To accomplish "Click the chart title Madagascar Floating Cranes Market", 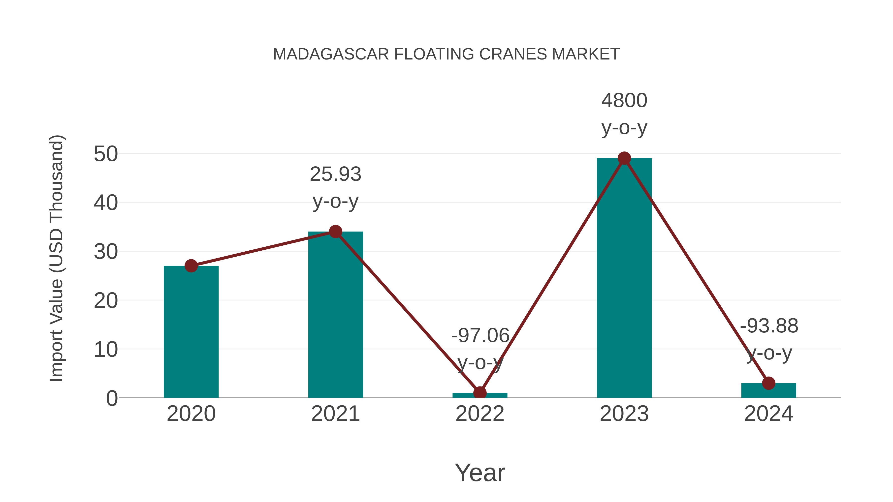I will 446,54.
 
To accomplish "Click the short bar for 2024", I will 768,390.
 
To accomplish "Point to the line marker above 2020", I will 191,266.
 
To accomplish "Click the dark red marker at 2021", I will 335,232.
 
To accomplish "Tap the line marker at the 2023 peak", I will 624,158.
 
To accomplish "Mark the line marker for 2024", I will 768,383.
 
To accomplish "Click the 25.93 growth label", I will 335,174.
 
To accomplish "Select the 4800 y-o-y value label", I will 624,100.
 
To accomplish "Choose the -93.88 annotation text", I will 769,326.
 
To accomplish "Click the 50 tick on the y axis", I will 106,154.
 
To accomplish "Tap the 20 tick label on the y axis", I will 106,301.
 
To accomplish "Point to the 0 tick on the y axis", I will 112,398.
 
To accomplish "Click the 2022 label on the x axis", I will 480,414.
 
